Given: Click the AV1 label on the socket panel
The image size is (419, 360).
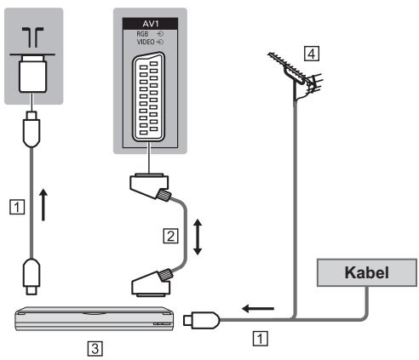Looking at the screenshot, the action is tap(150, 24).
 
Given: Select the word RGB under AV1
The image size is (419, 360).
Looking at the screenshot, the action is tap(142, 34).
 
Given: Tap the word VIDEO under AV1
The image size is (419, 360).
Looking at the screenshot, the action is tap(146, 42).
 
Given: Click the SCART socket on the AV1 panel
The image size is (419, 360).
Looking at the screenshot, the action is tap(149, 97).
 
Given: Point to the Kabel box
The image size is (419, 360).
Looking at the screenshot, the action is tap(367, 272).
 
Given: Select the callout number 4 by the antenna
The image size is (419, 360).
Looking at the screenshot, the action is tap(312, 54).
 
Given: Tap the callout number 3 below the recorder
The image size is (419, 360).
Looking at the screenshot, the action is tap(95, 348).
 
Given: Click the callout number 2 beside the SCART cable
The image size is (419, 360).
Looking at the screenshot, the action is tap(170, 236).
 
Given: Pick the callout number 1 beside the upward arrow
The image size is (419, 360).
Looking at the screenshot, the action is tap(17, 207).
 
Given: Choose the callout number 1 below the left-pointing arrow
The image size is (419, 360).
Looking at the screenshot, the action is tap(260, 339).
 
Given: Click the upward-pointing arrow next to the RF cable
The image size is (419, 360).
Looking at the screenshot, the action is tap(43, 205).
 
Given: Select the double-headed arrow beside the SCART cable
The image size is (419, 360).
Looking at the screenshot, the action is tap(198, 237).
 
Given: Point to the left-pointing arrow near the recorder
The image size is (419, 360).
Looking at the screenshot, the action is tap(258, 308).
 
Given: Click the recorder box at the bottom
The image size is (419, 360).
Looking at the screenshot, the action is tap(95, 318).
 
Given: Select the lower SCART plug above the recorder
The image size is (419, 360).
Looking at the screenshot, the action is tap(152, 283).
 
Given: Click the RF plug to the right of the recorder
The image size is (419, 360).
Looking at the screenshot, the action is tap(202, 320).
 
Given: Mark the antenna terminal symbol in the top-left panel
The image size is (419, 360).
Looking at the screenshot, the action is tap(33, 37).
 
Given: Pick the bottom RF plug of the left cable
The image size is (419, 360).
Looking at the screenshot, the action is tap(32, 277).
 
